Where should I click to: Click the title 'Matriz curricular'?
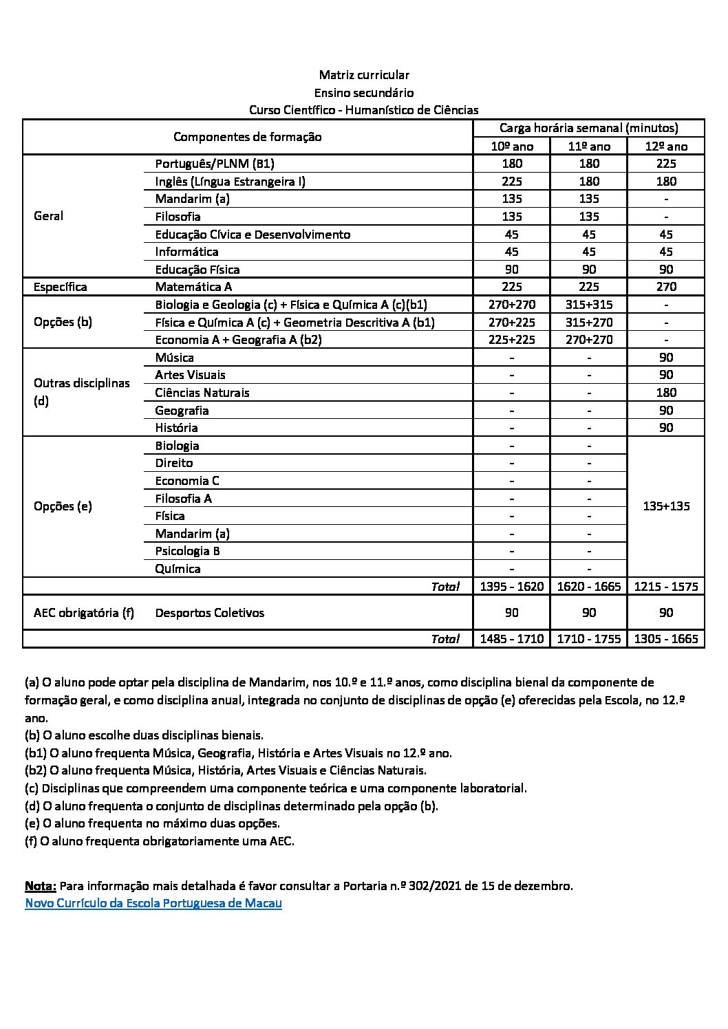click(363, 75)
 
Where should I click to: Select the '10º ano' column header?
click(511, 147)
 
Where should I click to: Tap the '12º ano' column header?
click(665, 147)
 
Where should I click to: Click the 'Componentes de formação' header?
click(247, 137)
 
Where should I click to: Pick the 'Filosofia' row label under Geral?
click(178, 217)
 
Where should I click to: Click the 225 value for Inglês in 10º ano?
click(511, 182)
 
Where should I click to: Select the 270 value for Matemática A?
click(665, 287)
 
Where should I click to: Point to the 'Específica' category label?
click(61, 287)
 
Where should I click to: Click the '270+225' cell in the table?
click(511, 323)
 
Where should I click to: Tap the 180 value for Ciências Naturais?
click(665, 393)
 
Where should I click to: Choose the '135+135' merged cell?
click(665, 506)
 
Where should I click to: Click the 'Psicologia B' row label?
click(187, 551)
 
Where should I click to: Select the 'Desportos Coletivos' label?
click(209, 613)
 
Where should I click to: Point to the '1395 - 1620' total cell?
click(511, 587)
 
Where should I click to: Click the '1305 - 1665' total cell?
click(665, 639)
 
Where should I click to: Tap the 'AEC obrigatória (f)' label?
click(83, 613)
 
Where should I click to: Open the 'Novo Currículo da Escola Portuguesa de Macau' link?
click(153, 903)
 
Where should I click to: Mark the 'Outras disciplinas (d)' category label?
click(81, 392)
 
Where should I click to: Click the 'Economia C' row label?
click(186, 481)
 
